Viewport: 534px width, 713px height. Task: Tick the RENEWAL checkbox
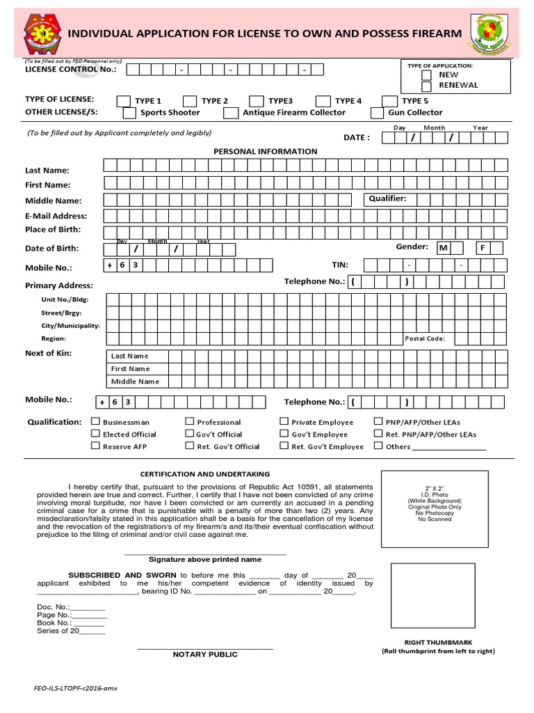tap(426, 86)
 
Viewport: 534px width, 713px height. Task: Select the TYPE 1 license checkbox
tap(122, 101)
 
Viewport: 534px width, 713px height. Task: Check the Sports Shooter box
tap(129, 113)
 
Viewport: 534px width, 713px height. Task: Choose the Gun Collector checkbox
tap(377, 113)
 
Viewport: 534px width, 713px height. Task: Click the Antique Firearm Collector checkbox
tap(230, 113)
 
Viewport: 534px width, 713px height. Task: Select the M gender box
tap(443, 248)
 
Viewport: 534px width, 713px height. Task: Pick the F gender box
tap(483, 248)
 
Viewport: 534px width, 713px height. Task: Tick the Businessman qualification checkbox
tap(96, 421)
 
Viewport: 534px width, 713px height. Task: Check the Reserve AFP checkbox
tap(96, 446)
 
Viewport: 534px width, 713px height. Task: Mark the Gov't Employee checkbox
tap(284, 434)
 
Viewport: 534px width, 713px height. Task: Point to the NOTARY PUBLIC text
tap(205, 655)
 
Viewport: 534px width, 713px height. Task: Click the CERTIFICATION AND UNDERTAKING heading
tap(205, 474)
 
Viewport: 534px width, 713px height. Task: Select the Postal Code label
tap(425, 339)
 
